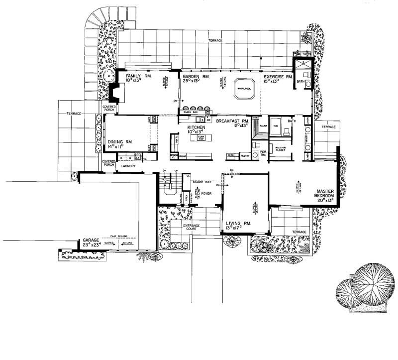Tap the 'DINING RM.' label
[x=119, y=141]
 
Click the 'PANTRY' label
[x=244, y=155]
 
